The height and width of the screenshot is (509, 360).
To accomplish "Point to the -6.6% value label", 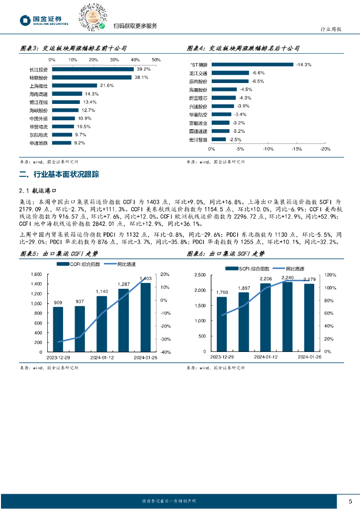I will [x=258, y=73].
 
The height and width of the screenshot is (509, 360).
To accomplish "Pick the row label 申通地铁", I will [x=39, y=143].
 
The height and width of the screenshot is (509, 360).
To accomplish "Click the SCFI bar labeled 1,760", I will [x=222, y=324].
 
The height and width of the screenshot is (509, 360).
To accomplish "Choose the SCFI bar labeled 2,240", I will [x=287, y=317].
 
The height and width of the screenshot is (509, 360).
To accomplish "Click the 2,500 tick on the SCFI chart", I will [x=198, y=274].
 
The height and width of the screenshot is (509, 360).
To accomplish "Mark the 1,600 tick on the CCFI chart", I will [x=36, y=274].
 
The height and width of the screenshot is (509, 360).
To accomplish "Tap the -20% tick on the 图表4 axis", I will [x=325, y=149].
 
